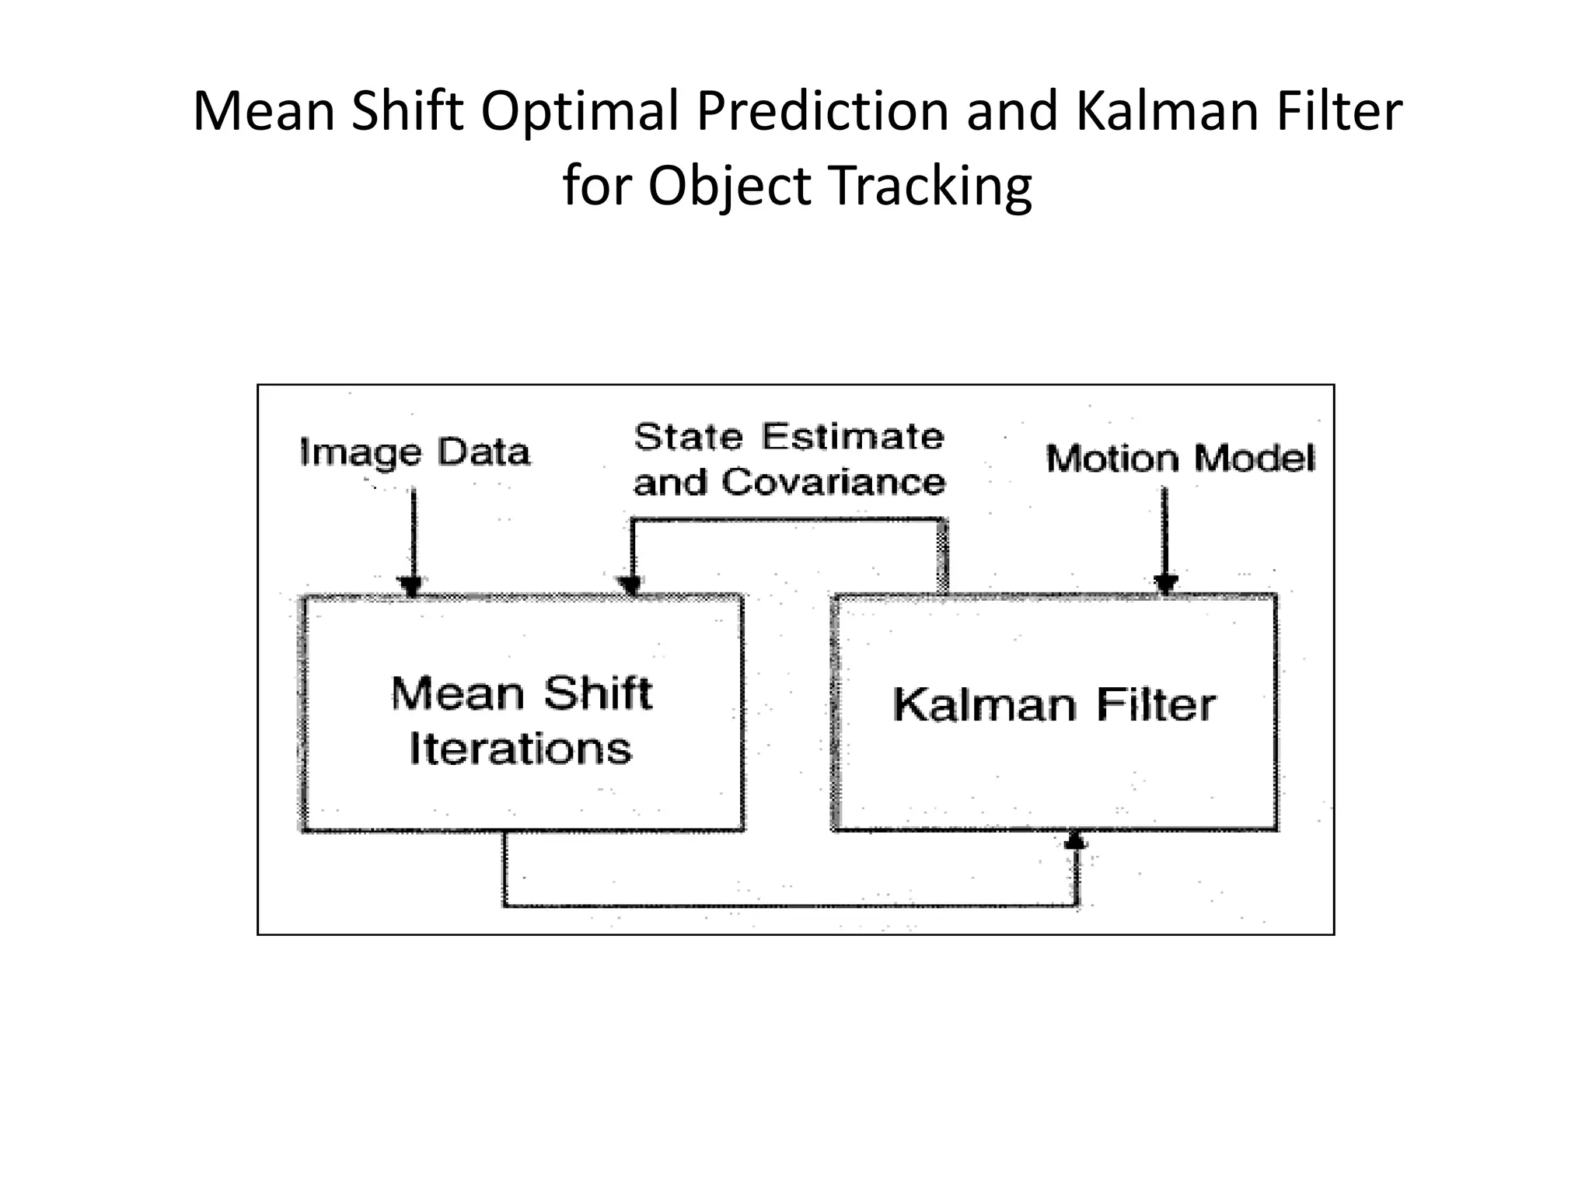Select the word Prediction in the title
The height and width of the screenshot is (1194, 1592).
(x=822, y=111)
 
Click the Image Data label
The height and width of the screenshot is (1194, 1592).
(x=414, y=452)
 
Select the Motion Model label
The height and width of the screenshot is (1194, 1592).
(x=1180, y=458)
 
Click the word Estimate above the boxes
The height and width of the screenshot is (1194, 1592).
(x=853, y=436)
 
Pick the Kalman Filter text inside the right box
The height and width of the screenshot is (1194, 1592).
(x=1053, y=705)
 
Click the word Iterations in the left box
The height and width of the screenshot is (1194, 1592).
(x=520, y=749)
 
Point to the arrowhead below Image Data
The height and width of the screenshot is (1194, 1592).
(x=410, y=585)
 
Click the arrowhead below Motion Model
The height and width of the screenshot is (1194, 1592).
(x=1165, y=584)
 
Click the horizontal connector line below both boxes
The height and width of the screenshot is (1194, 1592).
(x=789, y=906)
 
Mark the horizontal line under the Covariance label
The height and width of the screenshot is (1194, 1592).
(x=787, y=519)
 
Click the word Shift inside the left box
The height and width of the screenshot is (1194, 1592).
(x=597, y=693)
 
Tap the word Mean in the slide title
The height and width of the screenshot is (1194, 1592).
(x=264, y=111)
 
